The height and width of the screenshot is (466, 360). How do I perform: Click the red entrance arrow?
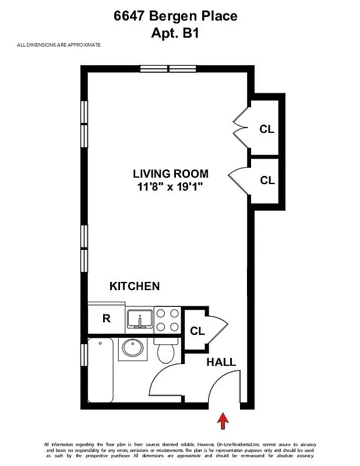(223, 421)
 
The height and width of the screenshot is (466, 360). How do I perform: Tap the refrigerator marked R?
(107, 319)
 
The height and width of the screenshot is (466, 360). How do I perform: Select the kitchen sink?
(140, 319)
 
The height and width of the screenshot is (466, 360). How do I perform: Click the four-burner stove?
(168, 319)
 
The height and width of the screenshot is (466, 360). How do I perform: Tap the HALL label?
(221, 362)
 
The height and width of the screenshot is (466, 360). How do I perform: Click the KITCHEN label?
(135, 286)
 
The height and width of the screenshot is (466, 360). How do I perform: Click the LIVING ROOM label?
(170, 174)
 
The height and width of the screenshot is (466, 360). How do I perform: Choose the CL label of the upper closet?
(267, 129)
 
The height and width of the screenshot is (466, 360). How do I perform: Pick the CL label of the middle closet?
(267, 181)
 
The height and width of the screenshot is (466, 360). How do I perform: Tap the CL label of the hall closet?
(197, 331)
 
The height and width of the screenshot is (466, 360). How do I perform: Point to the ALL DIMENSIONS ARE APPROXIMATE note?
(59, 45)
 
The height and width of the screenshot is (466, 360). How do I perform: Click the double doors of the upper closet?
(240, 128)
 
